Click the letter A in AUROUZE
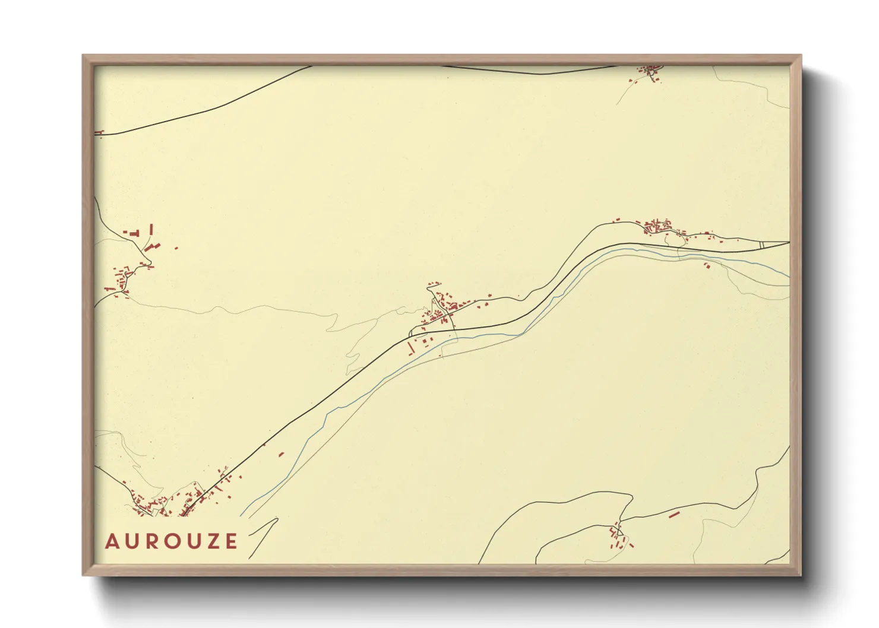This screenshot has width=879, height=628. [x=112, y=541]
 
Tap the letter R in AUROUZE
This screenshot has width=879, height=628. [x=153, y=541]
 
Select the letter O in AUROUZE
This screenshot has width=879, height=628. [x=173, y=541]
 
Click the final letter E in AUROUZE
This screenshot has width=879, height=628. [x=231, y=541]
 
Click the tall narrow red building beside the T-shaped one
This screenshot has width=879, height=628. [x=151, y=230]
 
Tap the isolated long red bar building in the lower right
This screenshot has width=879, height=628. [x=674, y=515]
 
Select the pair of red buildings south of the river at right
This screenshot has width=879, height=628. [x=707, y=265]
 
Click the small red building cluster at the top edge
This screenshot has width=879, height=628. [x=649, y=72]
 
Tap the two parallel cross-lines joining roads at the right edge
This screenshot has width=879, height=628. [x=762, y=244]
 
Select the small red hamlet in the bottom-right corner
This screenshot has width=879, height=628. [x=618, y=537]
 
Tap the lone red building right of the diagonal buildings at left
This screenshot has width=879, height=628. [x=176, y=248]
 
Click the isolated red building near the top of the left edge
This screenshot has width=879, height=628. [x=99, y=132]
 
